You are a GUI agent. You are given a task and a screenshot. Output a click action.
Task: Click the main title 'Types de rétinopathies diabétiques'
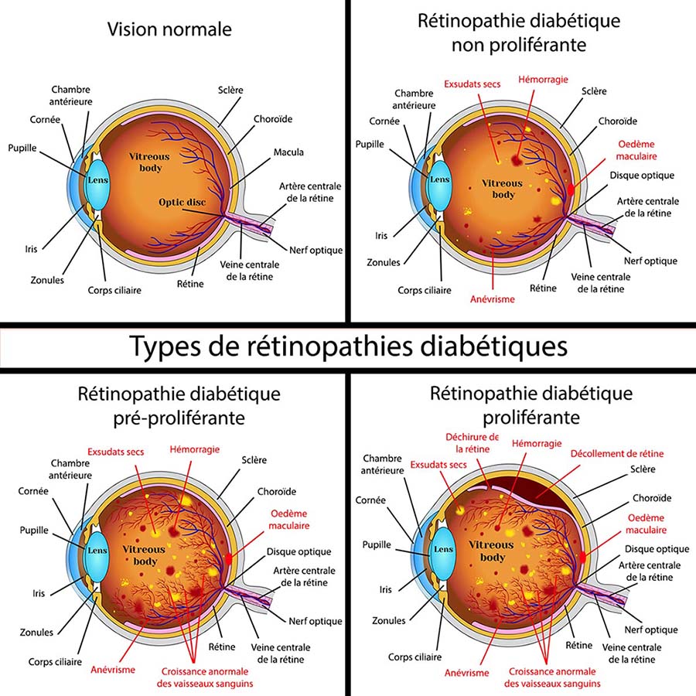[348, 346]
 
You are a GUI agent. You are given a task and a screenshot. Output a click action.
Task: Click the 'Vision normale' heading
[169, 29]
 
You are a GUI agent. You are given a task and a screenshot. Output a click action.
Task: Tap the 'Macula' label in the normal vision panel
[288, 152]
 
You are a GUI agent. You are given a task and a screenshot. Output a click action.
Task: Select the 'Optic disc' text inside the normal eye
[182, 203]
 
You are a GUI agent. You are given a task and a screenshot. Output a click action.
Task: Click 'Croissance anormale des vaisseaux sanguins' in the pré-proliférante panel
[207, 677]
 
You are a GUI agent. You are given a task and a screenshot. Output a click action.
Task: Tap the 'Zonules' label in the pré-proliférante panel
[38, 632]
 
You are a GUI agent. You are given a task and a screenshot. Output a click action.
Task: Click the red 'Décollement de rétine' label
[616, 453]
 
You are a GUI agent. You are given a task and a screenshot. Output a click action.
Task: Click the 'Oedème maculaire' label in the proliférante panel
[647, 524]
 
